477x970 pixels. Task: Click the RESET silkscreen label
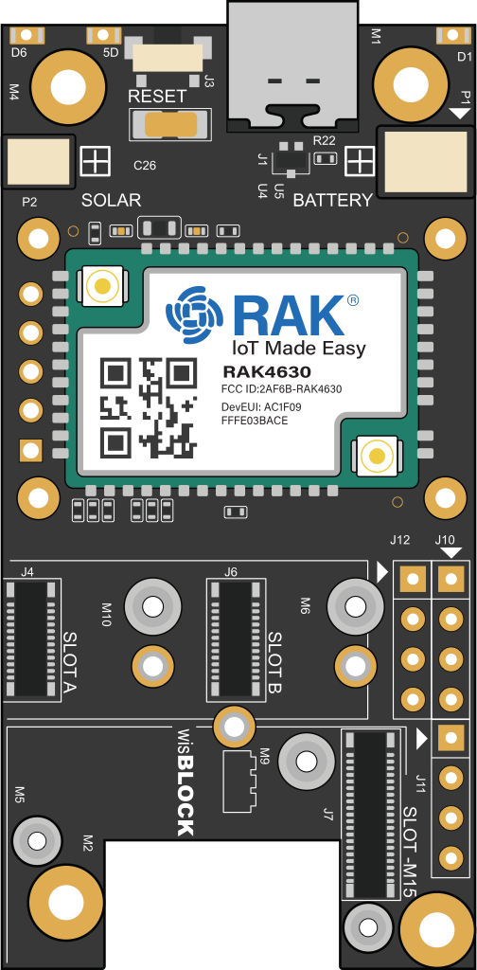(x=157, y=97)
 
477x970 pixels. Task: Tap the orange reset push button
(x=168, y=125)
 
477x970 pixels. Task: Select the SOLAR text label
(x=112, y=201)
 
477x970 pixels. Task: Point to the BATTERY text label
(x=332, y=201)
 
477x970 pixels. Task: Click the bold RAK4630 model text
(x=267, y=372)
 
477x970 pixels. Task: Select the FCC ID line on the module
(x=282, y=389)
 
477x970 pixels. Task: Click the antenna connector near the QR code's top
(x=102, y=286)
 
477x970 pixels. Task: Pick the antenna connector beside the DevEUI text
(x=376, y=457)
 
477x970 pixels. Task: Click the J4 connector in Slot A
(x=31, y=639)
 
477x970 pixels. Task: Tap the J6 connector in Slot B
(x=236, y=639)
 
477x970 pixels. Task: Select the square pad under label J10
(x=451, y=580)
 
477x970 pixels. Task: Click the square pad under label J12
(x=413, y=580)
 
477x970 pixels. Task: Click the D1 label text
(x=465, y=57)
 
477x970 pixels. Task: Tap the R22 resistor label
(x=325, y=141)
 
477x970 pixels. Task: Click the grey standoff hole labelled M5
(x=37, y=840)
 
